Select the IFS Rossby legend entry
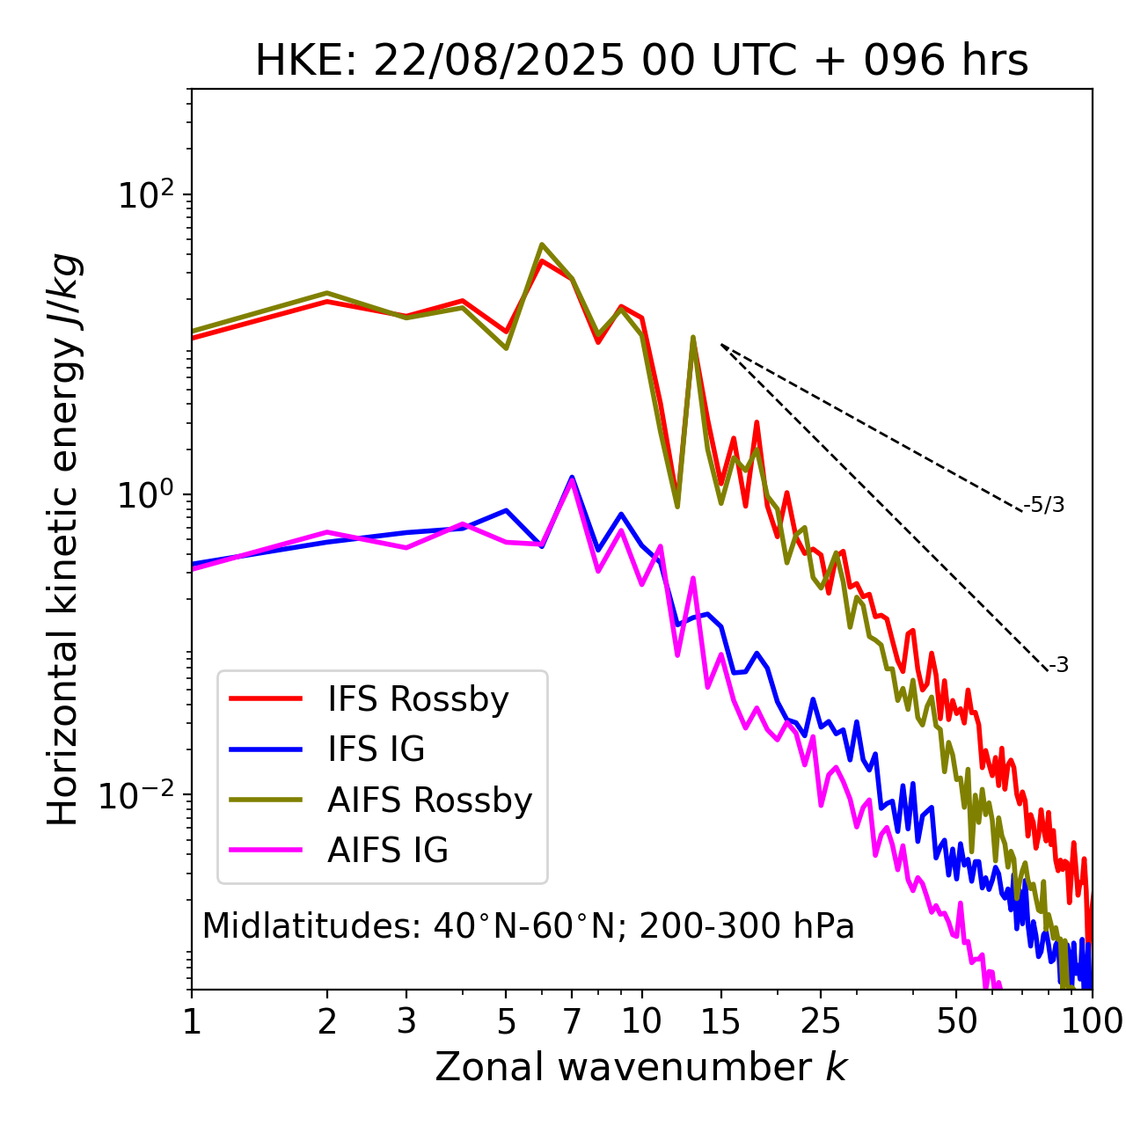point(418,699)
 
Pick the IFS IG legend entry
point(377,749)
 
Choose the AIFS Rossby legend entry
point(429,800)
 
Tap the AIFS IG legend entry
point(388,851)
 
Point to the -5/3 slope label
point(1044,505)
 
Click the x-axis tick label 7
point(572,1021)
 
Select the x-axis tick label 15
point(721,1021)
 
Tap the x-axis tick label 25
point(821,1021)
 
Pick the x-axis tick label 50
point(956,1021)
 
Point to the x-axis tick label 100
point(1092,1021)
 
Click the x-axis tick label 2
point(327,1021)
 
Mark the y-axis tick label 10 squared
point(148,195)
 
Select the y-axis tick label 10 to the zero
point(148,495)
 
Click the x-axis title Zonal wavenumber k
point(641,1067)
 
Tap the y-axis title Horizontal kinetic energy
point(63,539)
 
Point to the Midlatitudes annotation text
point(529,926)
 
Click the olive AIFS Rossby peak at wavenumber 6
point(542,245)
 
